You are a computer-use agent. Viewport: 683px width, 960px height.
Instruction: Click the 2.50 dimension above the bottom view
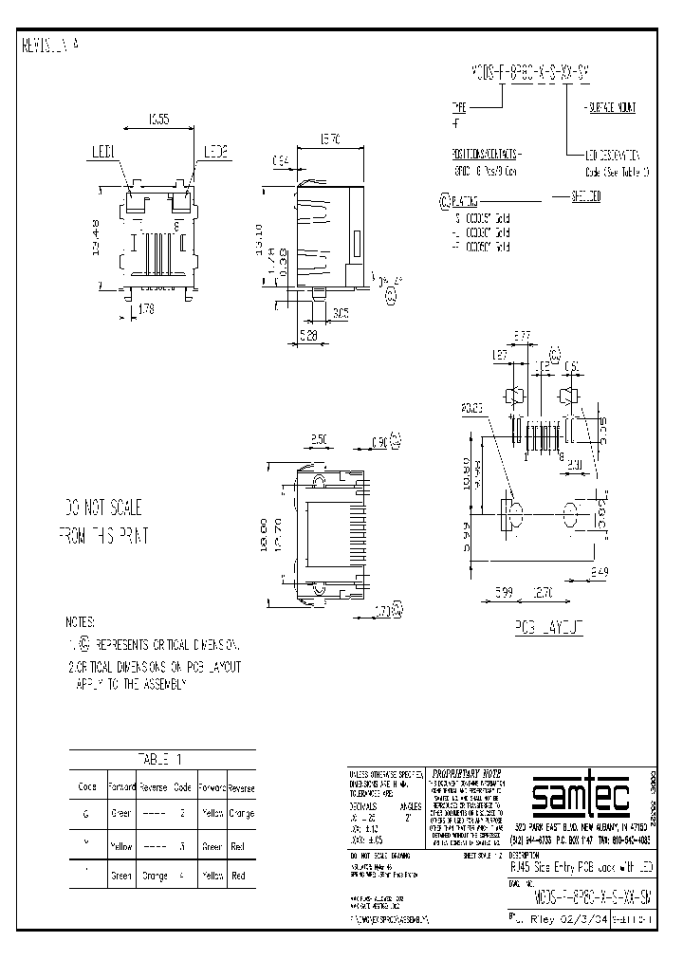319,440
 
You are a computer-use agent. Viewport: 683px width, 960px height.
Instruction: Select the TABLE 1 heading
162,758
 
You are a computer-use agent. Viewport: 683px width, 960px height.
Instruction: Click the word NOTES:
80,623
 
